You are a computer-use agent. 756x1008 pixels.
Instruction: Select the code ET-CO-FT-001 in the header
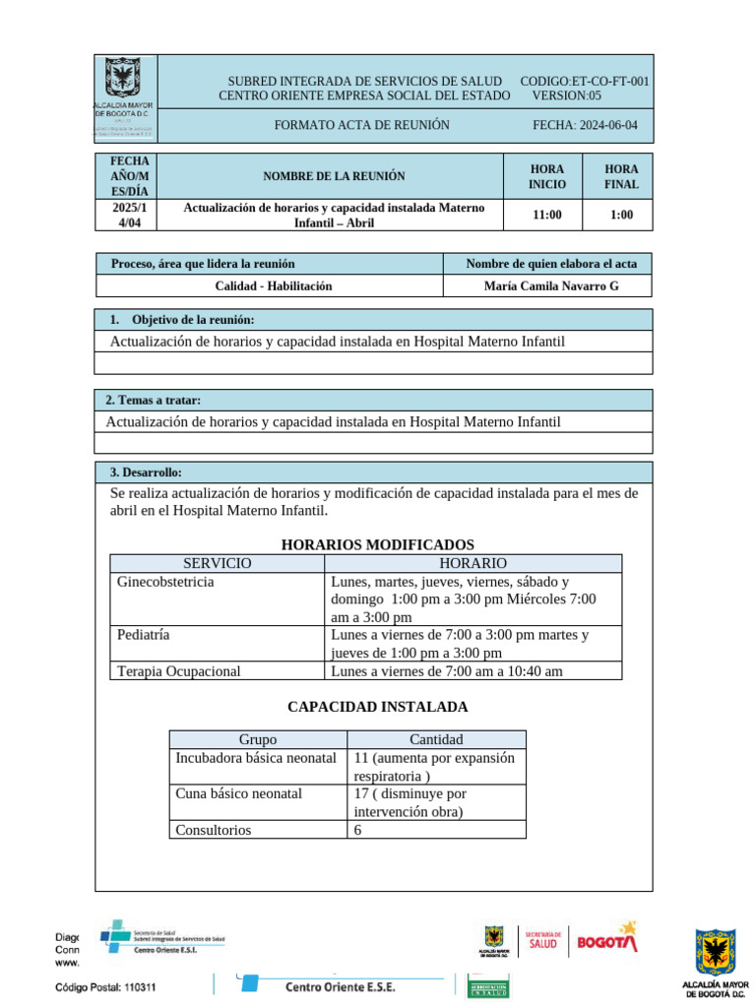[x=584, y=81]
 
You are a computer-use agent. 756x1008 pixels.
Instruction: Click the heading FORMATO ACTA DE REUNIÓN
[x=361, y=125]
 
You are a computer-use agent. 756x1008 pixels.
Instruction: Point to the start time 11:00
[x=546, y=216]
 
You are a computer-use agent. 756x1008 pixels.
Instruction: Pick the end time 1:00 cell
[x=621, y=216]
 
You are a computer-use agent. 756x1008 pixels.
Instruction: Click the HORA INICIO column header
[x=546, y=177]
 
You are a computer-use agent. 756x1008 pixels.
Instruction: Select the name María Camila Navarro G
[x=551, y=285]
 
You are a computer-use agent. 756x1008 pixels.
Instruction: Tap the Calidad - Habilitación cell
[x=274, y=285]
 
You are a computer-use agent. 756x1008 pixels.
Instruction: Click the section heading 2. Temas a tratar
[x=153, y=401]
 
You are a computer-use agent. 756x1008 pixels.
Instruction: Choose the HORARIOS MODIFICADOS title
[x=378, y=544]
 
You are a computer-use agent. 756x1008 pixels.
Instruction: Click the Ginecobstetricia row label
[x=165, y=582]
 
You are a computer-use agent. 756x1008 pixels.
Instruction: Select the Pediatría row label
[x=143, y=635]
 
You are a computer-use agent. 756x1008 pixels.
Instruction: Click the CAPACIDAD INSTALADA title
[x=378, y=707]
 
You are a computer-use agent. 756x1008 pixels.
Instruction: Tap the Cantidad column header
[x=436, y=739]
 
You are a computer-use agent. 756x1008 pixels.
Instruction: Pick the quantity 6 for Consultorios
[x=358, y=830]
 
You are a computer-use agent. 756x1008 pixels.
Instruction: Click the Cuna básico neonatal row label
[x=238, y=793]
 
